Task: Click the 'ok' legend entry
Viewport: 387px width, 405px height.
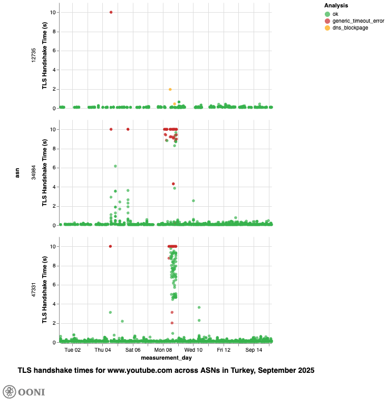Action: [335, 14]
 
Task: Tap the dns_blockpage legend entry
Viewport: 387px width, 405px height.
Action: [350, 27]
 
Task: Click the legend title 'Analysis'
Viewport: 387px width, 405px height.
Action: [335, 5]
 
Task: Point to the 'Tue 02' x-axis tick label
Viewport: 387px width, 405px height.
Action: [73, 350]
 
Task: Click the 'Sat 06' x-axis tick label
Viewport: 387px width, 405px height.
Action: [133, 350]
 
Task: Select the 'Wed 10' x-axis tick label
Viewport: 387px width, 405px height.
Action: [193, 350]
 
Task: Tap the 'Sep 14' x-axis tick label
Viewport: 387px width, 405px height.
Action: [254, 350]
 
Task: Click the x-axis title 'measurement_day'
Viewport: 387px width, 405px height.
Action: [166, 358]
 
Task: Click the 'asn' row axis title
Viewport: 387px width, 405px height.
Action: [17, 172]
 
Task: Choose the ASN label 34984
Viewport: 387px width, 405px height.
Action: [34, 172]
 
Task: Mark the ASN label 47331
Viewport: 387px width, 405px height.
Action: [34, 290]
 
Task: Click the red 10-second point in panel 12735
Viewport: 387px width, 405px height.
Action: [111, 12]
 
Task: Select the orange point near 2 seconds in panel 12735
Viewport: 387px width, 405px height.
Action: [170, 90]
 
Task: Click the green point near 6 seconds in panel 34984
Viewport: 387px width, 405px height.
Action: [115, 166]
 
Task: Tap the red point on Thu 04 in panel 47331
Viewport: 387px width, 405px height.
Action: [110, 246]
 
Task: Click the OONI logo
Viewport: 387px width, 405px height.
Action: [24, 392]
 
